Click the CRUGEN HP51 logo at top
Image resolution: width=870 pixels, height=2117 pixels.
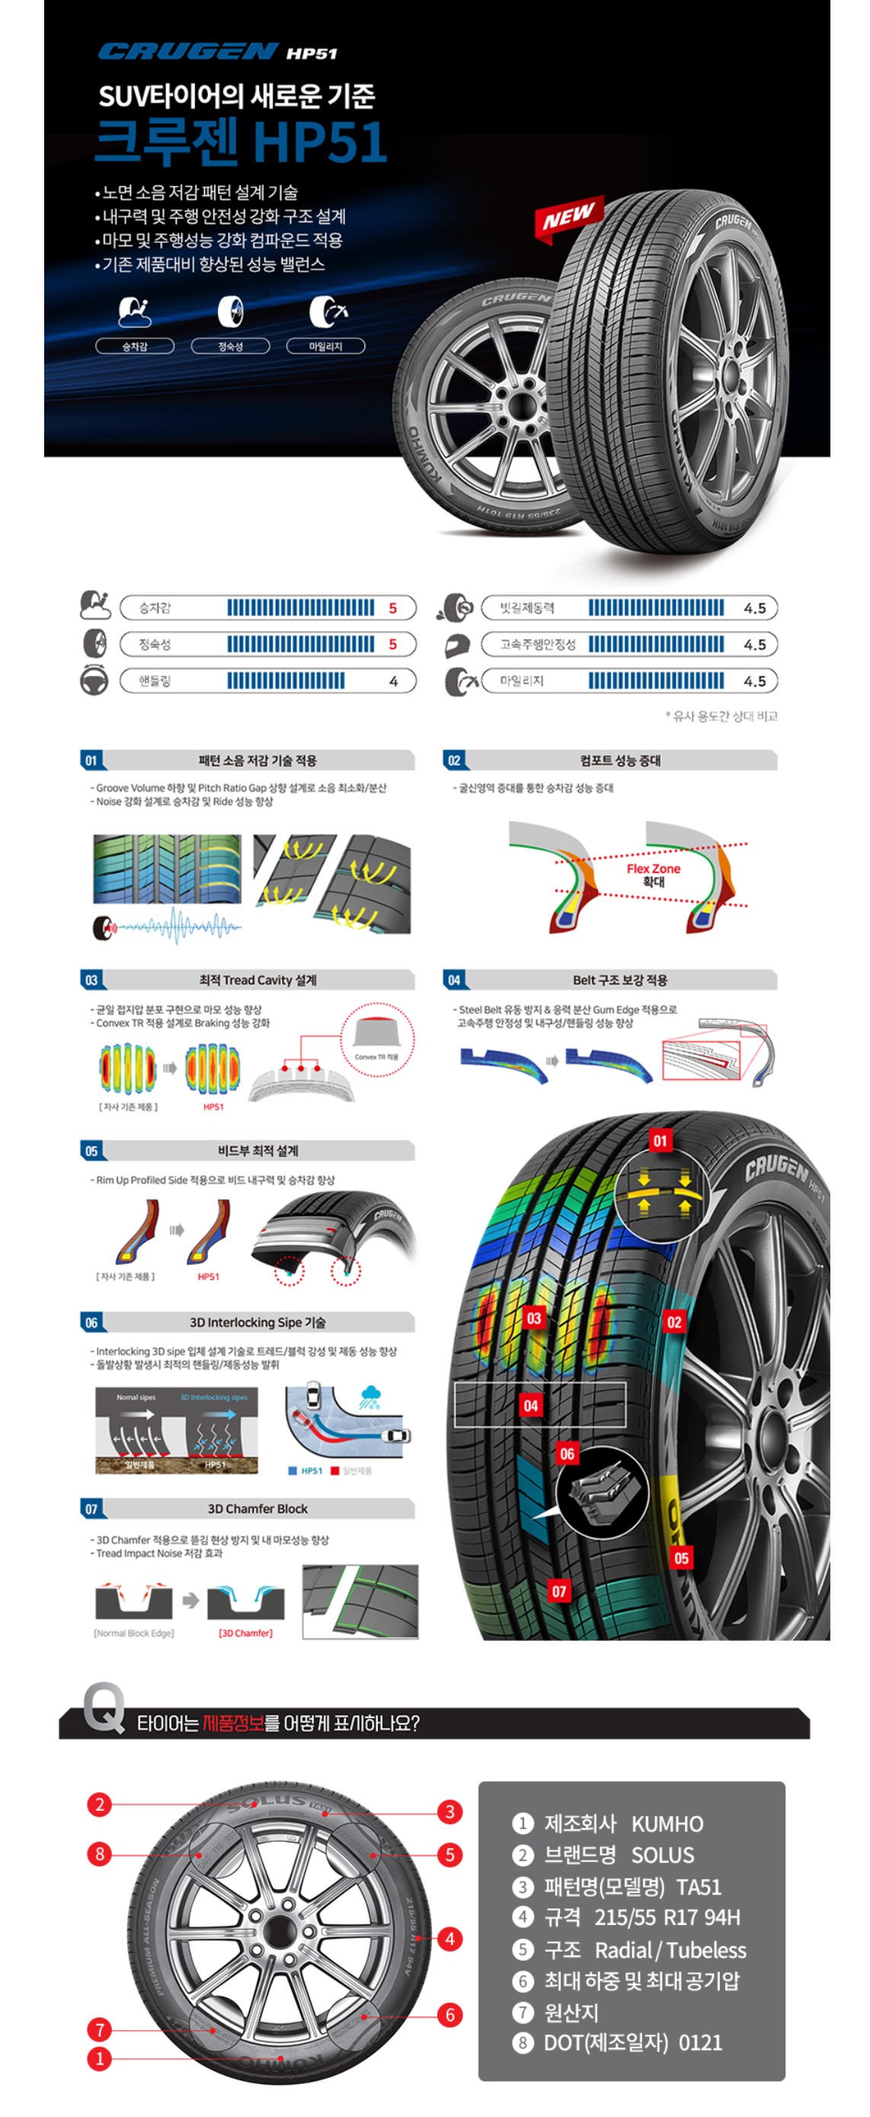tap(218, 52)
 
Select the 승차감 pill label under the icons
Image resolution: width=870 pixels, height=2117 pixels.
tap(135, 346)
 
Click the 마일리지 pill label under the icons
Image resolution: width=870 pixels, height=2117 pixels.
tap(325, 346)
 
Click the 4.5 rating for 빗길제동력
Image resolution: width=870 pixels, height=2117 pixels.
tap(754, 608)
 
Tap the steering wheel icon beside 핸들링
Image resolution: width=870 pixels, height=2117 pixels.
tap(94, 681)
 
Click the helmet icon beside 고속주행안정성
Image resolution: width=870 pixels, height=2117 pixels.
tap(457, 645)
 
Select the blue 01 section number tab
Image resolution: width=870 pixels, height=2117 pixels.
tap(91, 761)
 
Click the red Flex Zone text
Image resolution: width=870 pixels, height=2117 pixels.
tap(653, 869)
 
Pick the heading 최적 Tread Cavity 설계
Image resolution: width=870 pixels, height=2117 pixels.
tap(257, 979)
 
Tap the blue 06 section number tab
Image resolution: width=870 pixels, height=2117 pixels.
tap(91, 1322)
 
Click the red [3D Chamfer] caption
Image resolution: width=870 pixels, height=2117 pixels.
tap(245, 1633)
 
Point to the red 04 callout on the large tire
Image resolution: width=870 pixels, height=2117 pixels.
tap(531, 1405)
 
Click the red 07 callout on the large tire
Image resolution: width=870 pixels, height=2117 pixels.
tap(558, 1591)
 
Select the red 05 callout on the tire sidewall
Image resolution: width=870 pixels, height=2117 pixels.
tap(681, 1558)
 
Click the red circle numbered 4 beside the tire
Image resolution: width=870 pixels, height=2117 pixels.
tap(449, 1939)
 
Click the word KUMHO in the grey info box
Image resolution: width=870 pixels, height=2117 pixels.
tap(667, 1824)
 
